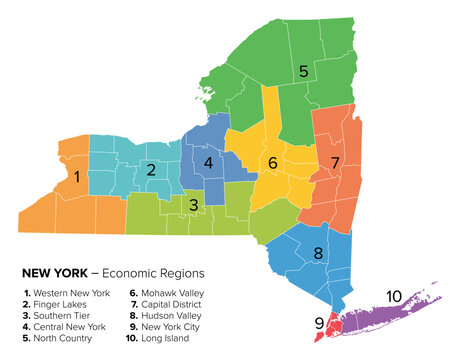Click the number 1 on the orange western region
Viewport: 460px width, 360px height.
point(77,177)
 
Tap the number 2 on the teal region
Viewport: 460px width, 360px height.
point(151,170)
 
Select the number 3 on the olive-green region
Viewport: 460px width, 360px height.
point(194,205)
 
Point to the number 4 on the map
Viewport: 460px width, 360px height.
point(208,162)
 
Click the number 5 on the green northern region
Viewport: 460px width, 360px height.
point(303,71)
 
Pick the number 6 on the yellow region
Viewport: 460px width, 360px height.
point(272,162)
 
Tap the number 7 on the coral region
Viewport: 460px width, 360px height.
point(336,162)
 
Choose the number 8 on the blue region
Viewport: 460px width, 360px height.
point(318,253)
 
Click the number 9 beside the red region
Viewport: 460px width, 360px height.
point(319,323)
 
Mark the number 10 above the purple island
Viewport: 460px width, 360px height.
point(394,296)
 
